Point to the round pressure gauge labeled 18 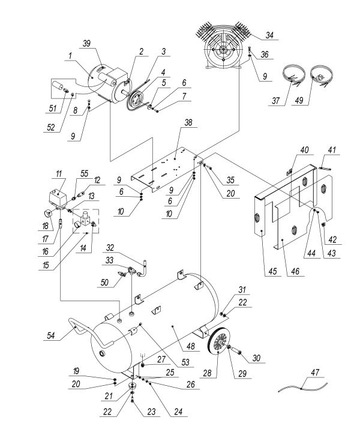point(47,214)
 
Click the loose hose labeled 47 point(303,387)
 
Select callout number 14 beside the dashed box point(80,247)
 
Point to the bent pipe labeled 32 point(145,265)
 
